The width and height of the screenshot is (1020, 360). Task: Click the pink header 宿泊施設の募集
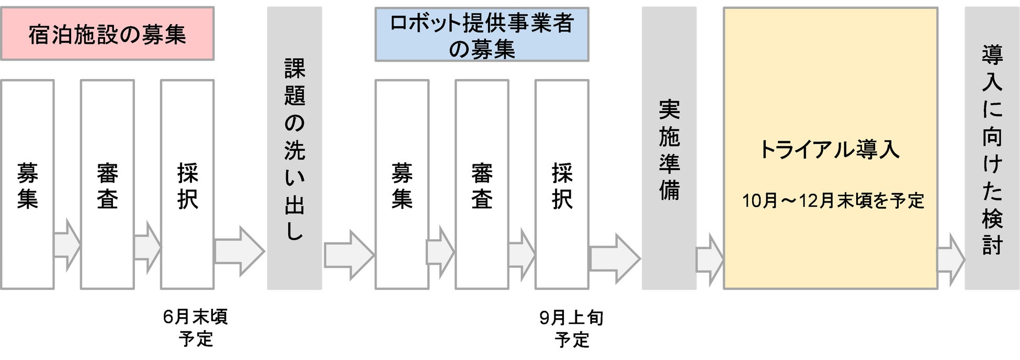107,34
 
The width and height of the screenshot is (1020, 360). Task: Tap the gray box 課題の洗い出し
294,149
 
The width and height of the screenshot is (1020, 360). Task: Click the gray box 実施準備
669,149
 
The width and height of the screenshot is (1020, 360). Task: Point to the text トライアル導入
830,150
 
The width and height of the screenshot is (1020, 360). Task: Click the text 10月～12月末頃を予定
833,201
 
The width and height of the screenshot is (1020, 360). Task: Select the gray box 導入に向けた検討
992,149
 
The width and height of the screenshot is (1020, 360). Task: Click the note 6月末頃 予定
196,328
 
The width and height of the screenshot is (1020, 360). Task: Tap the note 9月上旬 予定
571,329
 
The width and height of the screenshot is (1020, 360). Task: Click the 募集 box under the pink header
27,185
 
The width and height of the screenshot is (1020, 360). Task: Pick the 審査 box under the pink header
107,185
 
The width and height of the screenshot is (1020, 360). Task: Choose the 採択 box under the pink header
187,185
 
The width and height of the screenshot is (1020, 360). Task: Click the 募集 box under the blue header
402,185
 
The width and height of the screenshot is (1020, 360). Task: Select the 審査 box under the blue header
482,185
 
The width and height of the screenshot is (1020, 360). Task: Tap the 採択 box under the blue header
562,185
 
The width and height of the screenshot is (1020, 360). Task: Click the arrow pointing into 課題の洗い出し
240,251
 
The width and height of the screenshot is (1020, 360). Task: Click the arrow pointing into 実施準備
615,258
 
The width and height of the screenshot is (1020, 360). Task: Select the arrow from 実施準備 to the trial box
709,260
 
